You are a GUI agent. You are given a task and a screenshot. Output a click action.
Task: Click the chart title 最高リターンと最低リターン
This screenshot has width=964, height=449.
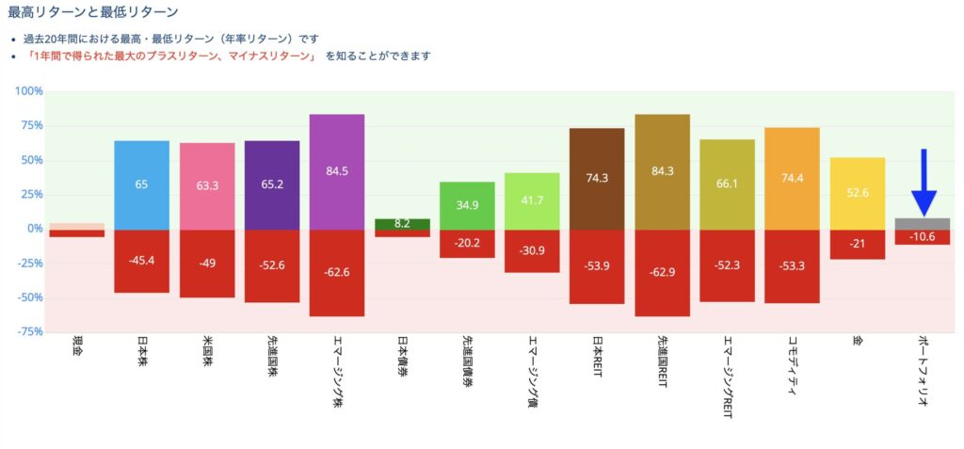pos(92,12)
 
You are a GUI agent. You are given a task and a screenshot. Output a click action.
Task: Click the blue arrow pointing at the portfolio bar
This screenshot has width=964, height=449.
pos(924,184)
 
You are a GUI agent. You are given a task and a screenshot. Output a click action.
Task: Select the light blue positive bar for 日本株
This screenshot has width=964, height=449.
pos(141,184)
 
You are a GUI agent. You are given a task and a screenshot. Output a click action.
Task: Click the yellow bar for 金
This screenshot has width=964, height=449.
pos(858,193)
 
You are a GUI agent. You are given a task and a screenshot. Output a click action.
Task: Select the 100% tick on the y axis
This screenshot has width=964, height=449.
pos(29,91)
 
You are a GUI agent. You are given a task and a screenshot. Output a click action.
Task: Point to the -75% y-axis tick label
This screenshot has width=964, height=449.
pos(28,331)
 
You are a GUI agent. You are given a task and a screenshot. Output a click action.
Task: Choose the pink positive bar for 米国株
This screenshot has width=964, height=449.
pos(207,185)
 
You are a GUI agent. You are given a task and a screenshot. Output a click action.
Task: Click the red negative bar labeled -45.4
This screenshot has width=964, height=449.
pos(141,261)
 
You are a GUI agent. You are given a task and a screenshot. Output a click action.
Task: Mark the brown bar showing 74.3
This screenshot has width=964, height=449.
pos(597,178)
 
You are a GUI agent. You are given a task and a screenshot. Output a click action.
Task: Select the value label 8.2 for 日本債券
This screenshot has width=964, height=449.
pos(402,224)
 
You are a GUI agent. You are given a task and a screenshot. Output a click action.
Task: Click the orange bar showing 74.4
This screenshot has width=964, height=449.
pos(793,178)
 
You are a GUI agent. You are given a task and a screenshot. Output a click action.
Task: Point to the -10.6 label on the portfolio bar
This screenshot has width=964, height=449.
pos(923,236)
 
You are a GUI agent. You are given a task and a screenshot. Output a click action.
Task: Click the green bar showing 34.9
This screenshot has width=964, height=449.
pos(467,205)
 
